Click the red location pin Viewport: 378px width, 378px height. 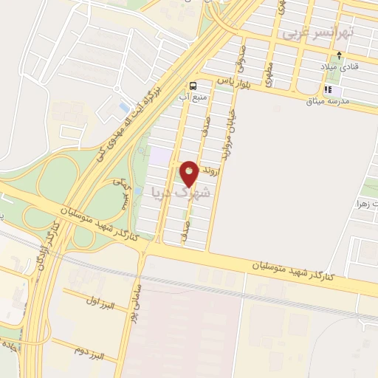[190, 173]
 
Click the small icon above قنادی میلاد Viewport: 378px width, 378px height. [339, 55]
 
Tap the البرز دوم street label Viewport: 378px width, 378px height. [89, 350]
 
